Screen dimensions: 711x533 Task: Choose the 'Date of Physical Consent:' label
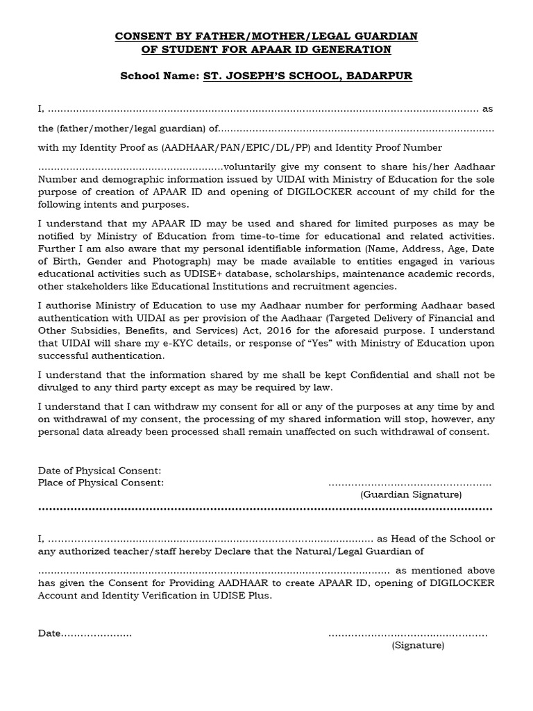pos(100,471)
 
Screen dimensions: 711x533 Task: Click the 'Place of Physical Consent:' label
pos(101,483)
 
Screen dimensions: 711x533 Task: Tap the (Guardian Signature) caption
pos(411,494)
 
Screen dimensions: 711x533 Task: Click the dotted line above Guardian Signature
pos(409,484)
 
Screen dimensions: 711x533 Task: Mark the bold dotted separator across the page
pos(266,509)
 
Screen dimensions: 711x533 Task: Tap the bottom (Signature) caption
pos(418,645)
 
